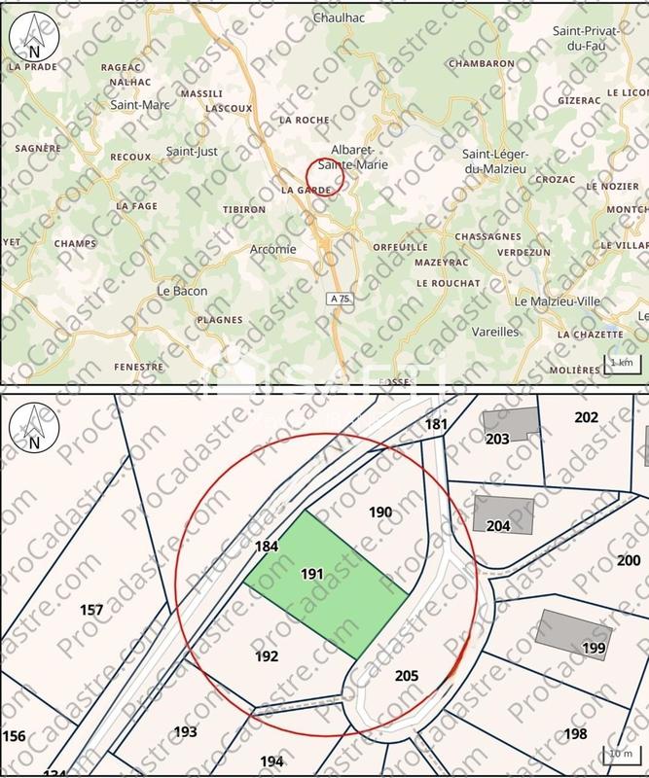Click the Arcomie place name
273,248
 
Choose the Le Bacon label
183,291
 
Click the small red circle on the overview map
326,178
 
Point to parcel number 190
380,512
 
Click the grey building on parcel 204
504,513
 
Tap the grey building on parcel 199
574,635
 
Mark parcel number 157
91,610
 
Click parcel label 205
408,675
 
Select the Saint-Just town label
192,151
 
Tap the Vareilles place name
495,331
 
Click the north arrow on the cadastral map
34,428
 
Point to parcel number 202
586,417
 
